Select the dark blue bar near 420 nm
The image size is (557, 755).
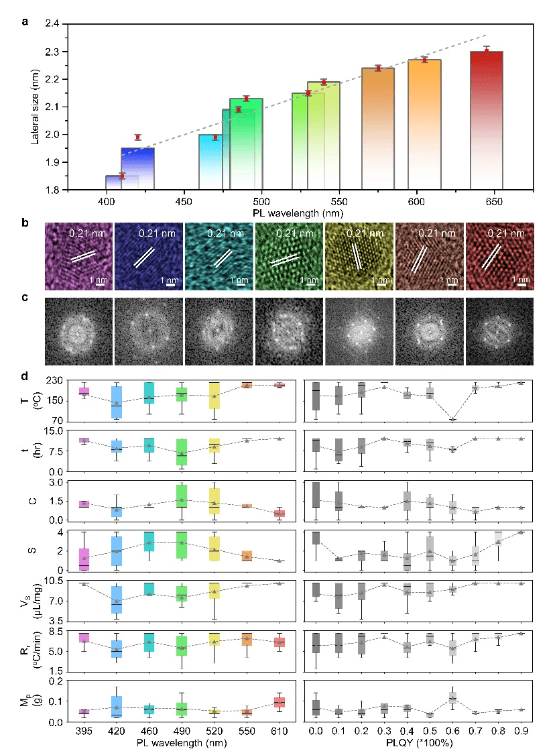[137, 169]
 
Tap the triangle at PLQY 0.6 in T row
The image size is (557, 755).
[453, 420]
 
